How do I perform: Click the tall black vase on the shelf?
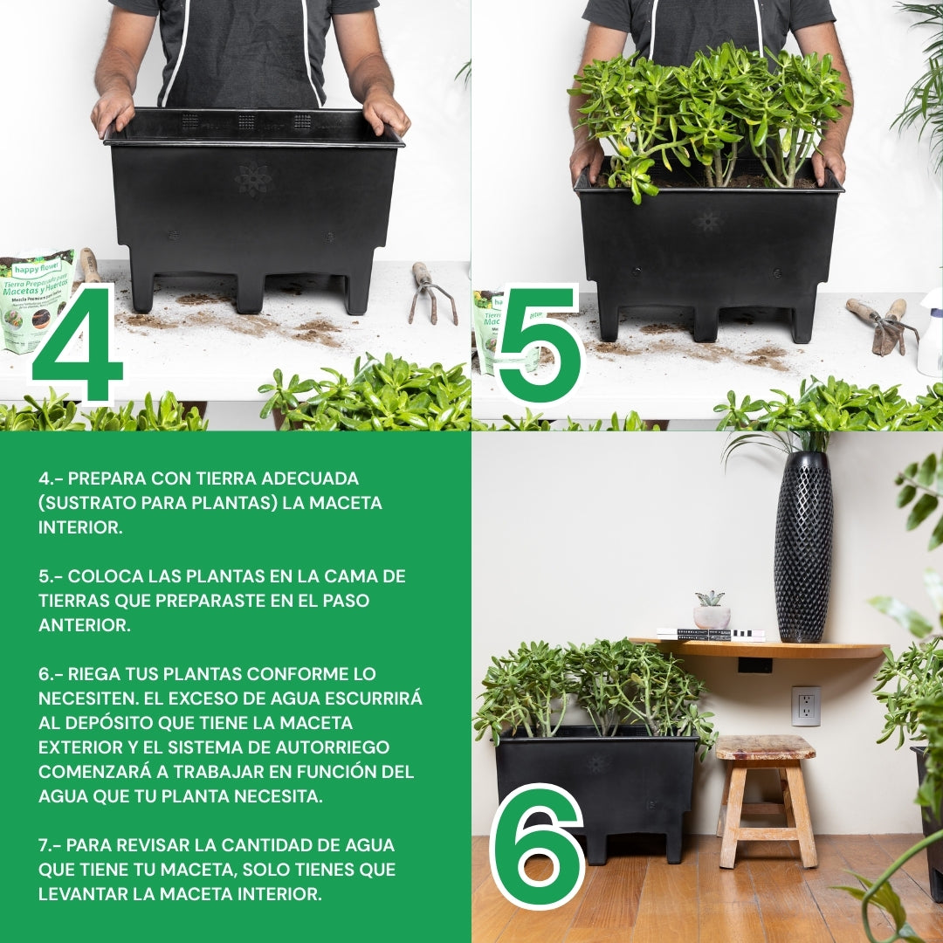tap(802, 546)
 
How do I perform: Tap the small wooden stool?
tap(767, 795)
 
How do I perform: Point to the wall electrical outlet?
tap(805, 706)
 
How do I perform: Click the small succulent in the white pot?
tap(711, 610)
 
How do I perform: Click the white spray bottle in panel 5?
tap(931, 336)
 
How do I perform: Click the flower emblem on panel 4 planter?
tap(253, 180)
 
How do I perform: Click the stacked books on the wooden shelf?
tap(709, 635)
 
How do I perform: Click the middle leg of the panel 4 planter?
tap(250, 293)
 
